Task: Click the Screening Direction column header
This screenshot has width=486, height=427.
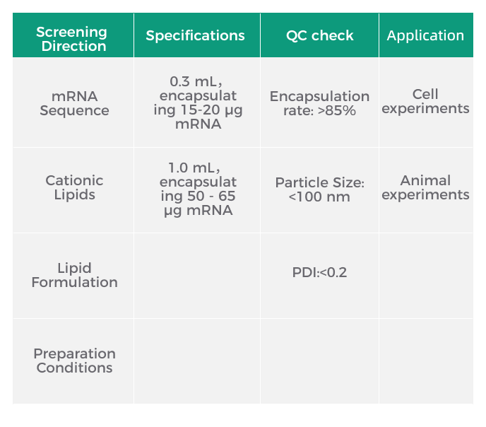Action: [x=71, y=39]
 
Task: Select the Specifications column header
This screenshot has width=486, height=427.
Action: [x=195, y=35]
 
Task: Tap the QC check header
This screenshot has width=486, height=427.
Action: [x=319, y=35]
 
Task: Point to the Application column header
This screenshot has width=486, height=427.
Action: [x=425, y=36]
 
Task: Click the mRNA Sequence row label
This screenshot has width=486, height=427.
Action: [x=74, y=103]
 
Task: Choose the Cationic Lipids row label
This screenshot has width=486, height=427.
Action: [x=74, y=187]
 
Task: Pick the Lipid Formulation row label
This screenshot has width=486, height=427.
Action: [x=74, y=275]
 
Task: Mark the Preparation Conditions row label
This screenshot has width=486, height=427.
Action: [x=74, y=361]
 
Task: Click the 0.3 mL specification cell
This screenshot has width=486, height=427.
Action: [x=198, y=103]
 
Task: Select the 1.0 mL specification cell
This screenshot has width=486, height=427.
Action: [x=198, y=189]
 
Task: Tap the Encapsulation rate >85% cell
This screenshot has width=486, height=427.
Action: [x=319, y=103]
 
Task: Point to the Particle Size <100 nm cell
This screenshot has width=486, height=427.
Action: [x=319, y=189]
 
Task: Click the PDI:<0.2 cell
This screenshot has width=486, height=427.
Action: [x=319, y=273]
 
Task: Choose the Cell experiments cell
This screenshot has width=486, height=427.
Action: [x=425, y=101]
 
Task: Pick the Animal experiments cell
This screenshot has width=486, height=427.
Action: [x=425, y=187]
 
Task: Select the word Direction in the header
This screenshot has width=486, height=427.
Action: [x=73, y=46]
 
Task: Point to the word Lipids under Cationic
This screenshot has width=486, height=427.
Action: [x=74, y=194]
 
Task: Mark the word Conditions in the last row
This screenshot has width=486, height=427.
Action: [x=74, y=368]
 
